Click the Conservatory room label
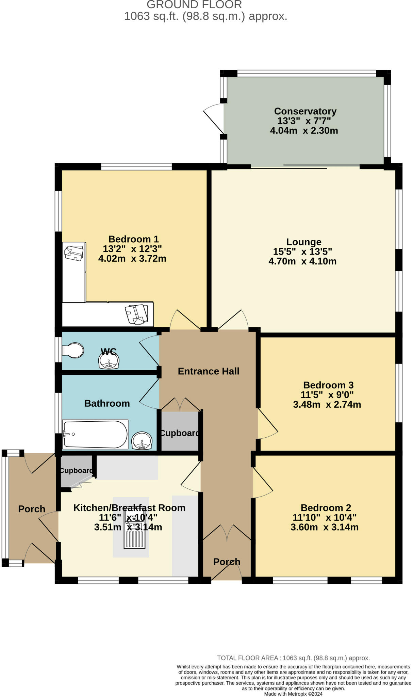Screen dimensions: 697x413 point(305,111)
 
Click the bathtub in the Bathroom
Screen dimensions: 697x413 point(95,434)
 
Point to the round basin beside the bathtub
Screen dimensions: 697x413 point(142,441)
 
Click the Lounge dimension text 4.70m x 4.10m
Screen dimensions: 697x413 point(302,261)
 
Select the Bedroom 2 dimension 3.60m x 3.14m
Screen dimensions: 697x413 point(324,527)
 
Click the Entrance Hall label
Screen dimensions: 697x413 point(209,371)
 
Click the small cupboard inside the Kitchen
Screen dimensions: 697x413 point(76,470)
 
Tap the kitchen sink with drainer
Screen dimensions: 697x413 point(135,531)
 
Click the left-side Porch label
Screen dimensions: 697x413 point(32,509)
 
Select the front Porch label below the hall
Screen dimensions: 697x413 point(227,562)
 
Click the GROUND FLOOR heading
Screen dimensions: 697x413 point(194,5)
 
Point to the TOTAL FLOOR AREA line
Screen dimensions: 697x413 point(293,658)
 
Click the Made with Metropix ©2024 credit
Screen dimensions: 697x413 point(293,694)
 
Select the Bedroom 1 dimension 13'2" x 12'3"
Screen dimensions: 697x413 point(132,249)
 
